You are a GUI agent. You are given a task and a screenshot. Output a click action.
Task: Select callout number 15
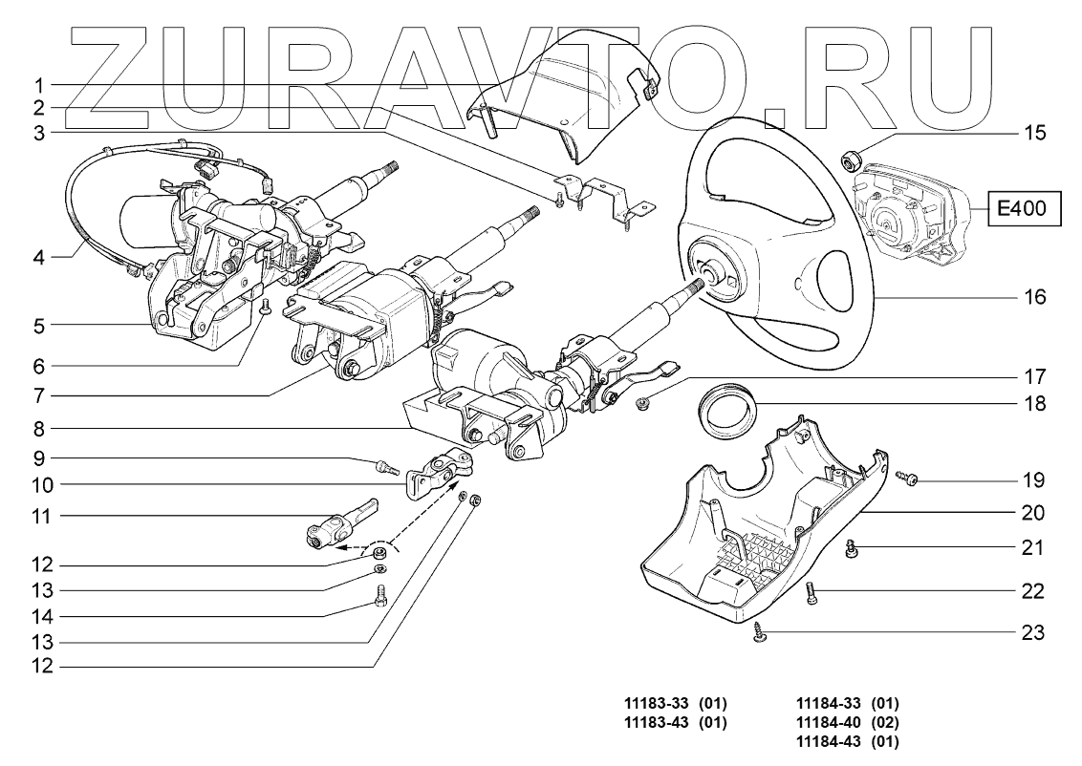pos(1034,133)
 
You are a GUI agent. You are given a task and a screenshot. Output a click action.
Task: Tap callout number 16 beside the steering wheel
pos(1034,298)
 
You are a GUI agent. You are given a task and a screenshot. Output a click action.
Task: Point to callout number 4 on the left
pos(40,256)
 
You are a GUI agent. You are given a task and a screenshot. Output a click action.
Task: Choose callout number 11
pos(40,517)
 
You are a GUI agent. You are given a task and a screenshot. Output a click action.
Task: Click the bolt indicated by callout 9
pos(385,467)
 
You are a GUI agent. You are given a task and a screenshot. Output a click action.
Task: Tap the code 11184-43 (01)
pos(848,740)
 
